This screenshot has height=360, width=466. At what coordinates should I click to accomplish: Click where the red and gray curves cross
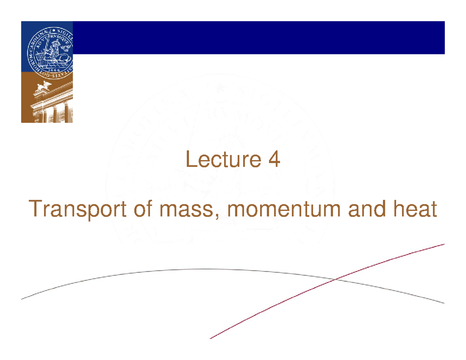tap(335, 279)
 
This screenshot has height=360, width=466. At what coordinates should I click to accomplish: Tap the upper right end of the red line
tap(444, 245)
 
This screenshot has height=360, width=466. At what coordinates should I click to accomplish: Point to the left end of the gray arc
tap(22, 299)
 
